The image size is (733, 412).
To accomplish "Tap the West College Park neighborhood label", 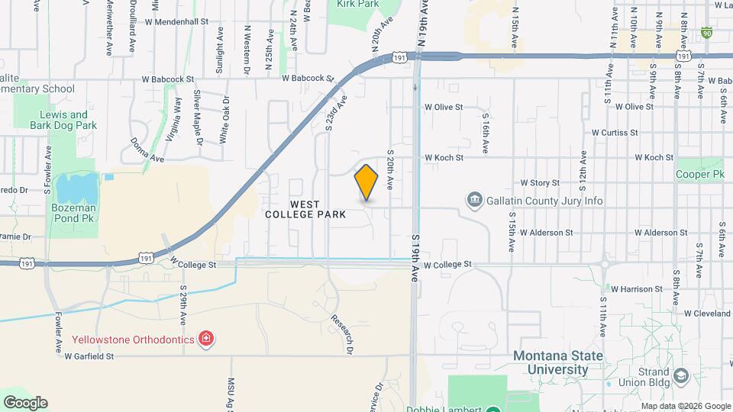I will [305, 210].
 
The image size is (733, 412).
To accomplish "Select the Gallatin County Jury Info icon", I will [475, 201].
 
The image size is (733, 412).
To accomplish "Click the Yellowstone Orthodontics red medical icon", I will [205, 338].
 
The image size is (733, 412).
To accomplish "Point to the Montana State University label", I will [557, 363].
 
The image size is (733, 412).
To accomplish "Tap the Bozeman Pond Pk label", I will [74, 214].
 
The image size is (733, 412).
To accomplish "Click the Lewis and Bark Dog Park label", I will [68, 120].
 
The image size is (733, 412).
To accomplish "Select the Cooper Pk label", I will [699, 175].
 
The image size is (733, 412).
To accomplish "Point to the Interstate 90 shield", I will [707, 34].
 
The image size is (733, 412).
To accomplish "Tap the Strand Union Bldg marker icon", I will [681, 375].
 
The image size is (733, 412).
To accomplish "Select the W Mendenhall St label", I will [175, 22].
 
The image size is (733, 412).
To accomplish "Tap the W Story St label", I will [540, 183].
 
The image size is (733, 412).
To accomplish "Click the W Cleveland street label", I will [708, 313].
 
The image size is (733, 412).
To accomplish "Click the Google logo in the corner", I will [24, 402].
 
